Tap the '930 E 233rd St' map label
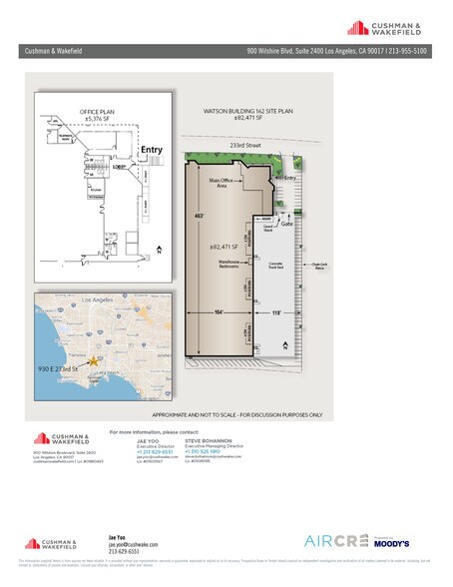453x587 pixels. tap(60, 371)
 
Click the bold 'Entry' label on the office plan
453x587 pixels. tap(151, 150)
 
